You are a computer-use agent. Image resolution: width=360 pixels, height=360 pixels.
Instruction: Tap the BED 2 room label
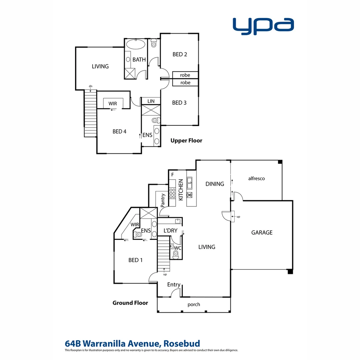coord(180,54)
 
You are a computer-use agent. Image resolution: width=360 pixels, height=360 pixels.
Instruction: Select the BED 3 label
coord(179,103)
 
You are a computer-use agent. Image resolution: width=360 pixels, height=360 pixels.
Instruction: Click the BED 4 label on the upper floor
coord(119,132)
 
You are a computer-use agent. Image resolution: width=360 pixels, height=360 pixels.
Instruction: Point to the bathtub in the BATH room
coord(136,45)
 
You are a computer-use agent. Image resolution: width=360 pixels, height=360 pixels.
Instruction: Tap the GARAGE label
coord(262,232)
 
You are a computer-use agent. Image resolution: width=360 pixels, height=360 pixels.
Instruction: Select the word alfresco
coord(256,178)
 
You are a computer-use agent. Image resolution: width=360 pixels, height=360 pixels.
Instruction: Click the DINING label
coord(215,184)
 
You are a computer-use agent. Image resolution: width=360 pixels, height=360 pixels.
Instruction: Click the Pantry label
coord(163,200)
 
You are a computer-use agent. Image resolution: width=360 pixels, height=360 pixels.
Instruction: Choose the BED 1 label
coord(135,260)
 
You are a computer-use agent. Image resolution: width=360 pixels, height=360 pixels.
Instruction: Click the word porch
coord(194,304)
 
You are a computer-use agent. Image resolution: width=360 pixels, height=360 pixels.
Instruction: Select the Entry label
coord(174,285)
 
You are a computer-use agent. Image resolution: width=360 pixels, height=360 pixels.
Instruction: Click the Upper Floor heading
coord(186,141)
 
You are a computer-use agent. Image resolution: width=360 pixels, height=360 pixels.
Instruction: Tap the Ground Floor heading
coord(130,303)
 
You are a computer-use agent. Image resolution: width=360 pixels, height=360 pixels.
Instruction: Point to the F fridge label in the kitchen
coord(172,174)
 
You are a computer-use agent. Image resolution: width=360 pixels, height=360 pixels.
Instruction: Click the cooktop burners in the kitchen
coord(173,193)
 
